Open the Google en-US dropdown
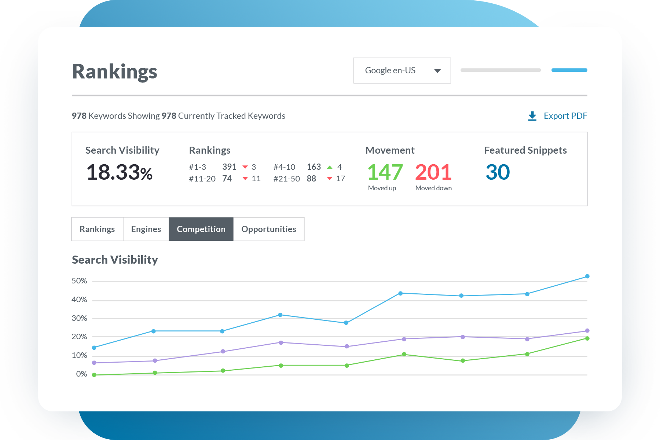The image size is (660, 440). point(402,70)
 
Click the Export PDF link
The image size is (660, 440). point(565,116)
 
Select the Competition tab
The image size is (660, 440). point(201,229)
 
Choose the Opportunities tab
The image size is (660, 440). point(268,229)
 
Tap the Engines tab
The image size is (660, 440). point(146,229)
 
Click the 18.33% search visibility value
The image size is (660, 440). point(119,172)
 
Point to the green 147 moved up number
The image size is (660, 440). point(385,172)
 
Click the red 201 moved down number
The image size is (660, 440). point(433,172)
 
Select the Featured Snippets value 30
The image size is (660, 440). point(498,172)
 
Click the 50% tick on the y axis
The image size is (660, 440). point(79,281)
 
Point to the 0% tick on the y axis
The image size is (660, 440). point(81,374)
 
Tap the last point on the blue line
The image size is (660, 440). point(587,276)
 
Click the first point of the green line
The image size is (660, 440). point(94,375)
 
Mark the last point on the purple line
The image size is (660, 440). point(587,331)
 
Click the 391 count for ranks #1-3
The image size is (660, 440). point(229,167)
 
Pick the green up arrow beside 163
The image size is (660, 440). point(330,167)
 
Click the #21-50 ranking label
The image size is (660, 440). point(286,179)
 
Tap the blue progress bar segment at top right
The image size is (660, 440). point(569,70)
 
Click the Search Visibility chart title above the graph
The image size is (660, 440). point(115,260)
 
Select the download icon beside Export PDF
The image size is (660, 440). point(532,116)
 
